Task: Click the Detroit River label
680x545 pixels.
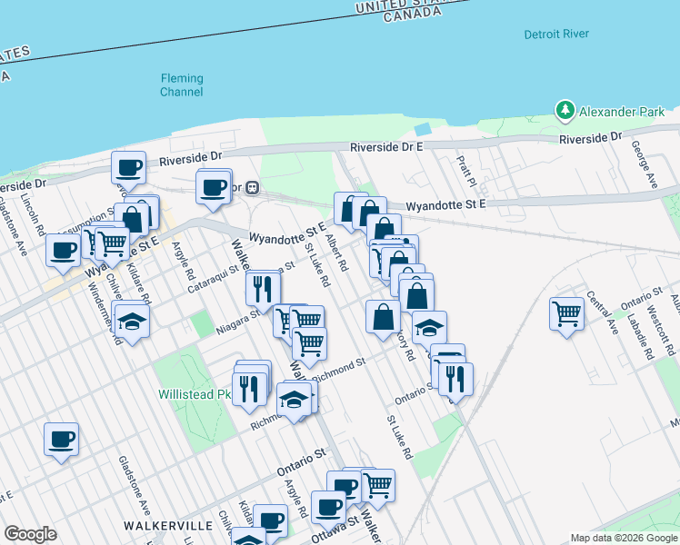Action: click(556, 35)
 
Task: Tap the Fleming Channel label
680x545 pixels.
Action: click(182, 84)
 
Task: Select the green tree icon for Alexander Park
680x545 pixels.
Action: click(565, 112)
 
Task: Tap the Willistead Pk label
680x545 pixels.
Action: click(193, 394)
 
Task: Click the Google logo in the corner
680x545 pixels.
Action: click(30, 534)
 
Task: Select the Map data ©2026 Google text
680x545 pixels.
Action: click(625, 538)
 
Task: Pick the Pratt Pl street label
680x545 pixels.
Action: click(466, 166)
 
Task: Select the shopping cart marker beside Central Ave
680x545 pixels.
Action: click(567, 314)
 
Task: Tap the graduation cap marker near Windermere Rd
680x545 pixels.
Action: click(133, 322)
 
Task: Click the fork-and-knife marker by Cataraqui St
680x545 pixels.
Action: click(263, 289)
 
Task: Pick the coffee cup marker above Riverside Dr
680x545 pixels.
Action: click(128, 167)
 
